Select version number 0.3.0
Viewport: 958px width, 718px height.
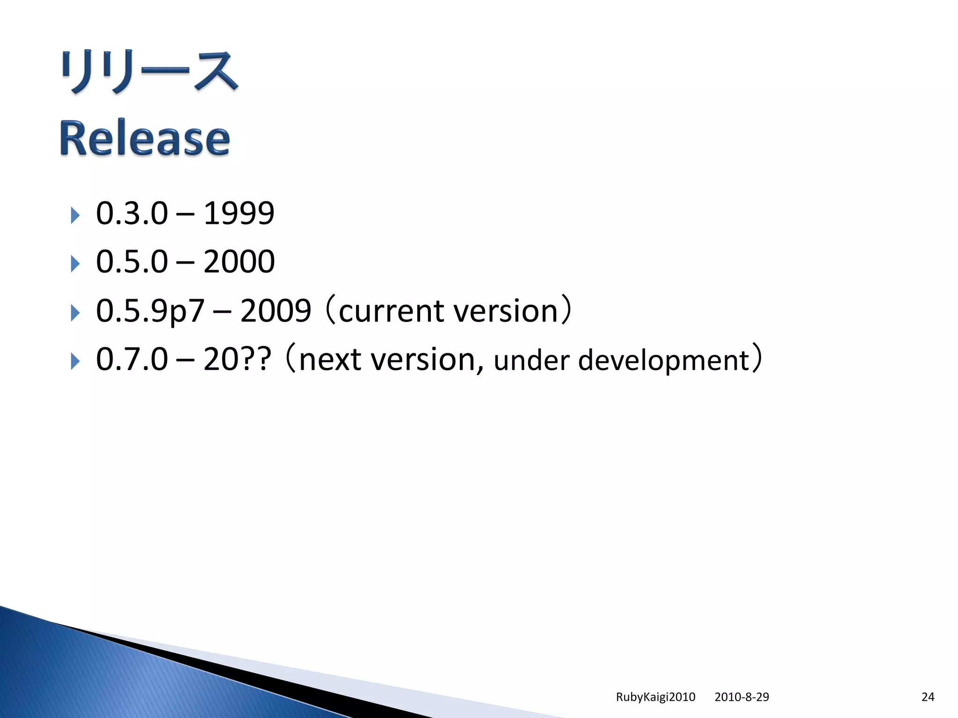[x=131, y=214]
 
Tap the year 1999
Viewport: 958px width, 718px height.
[x=239, y=214]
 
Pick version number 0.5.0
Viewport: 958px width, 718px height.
[x=131, y=262]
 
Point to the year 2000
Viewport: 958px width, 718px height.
[x=239, y=262]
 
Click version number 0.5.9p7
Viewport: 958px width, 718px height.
[x=150, y=311]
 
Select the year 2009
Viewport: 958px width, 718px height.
[x=276, y=311]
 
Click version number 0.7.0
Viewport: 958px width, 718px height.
[x=131, y=359]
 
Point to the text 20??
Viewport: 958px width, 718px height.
[x=237, y=359]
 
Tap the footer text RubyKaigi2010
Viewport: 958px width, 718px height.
[x=655, y=697]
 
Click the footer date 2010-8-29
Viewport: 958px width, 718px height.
[x=741, y=697]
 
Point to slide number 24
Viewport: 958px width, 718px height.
[x=928, y=697]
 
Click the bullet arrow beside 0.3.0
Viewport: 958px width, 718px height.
[x=75, y=215]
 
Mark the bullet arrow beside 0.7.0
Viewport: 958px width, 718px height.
[x=75, y=361]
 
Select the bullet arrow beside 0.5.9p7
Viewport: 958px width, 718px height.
[x=75, y=312]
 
